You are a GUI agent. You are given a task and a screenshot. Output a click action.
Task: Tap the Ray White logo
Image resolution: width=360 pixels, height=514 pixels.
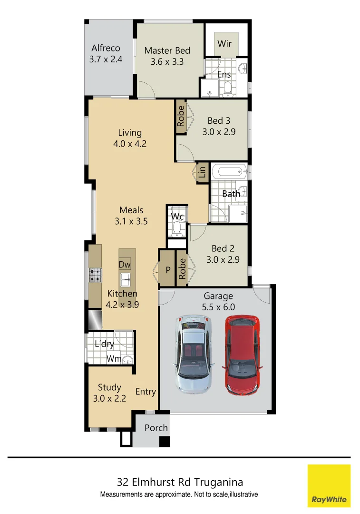(329, 485)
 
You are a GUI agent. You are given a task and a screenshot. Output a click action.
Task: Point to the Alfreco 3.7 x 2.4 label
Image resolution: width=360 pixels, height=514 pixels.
(106, 54)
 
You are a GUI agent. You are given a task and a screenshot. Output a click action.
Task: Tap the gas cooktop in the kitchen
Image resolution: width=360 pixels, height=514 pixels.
(95, 275)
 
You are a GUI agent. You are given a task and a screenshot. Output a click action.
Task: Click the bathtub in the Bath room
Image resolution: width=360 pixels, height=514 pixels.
(229, 170)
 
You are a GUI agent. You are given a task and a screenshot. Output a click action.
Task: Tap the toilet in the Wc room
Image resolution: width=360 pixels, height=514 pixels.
(177, 231)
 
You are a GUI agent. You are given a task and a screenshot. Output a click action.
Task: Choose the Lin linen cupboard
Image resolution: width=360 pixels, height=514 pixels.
(202, 172)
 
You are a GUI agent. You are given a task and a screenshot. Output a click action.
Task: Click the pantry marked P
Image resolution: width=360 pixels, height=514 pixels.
(167, 269)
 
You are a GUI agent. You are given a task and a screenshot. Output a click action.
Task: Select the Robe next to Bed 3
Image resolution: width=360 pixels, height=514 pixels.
(181, 116)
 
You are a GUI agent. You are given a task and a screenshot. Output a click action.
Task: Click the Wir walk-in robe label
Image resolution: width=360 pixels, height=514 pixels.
(224, 44)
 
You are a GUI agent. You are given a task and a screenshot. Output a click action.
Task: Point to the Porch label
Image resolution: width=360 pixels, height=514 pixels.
(156, 428)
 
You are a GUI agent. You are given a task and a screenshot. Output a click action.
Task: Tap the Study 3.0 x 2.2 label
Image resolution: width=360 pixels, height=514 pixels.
(109, 393)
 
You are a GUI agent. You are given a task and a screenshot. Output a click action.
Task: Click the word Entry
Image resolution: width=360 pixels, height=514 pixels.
(146, 392)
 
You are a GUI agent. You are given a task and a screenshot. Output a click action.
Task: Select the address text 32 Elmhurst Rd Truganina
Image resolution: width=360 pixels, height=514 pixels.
(180, 482)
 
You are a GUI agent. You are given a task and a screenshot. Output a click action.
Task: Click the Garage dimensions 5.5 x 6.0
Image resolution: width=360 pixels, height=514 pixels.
(218, 307)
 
